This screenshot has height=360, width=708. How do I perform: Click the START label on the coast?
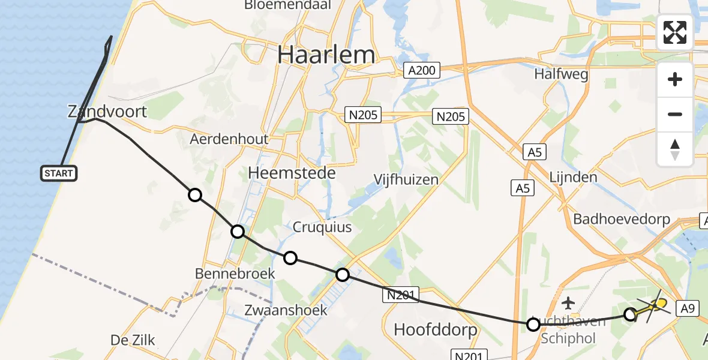click(x=59, y=173)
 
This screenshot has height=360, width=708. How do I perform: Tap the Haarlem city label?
click(x=326, y=55)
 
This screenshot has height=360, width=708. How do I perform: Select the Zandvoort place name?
click(x=107, y=112)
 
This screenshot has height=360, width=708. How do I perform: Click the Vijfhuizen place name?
click(x=406, y=179)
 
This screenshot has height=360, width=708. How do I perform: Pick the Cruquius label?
click(x=322, y=227)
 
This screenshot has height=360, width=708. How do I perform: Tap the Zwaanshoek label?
click(x=286, y=310)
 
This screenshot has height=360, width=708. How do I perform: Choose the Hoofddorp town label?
click(x=435, y=329)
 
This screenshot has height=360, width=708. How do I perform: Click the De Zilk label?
click(x=133, y=340)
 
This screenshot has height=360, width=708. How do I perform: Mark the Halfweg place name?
click(x=561, y=74)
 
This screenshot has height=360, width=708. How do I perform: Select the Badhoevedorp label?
click(x=622, y=219)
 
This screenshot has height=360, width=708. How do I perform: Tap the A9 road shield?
click(x=688, y=308)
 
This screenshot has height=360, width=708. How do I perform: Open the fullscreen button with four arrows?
click(x=675, y=32)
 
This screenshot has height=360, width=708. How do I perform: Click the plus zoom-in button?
click(x=675, y=79)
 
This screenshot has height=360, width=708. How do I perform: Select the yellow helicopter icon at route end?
click(x=659, y=304)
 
